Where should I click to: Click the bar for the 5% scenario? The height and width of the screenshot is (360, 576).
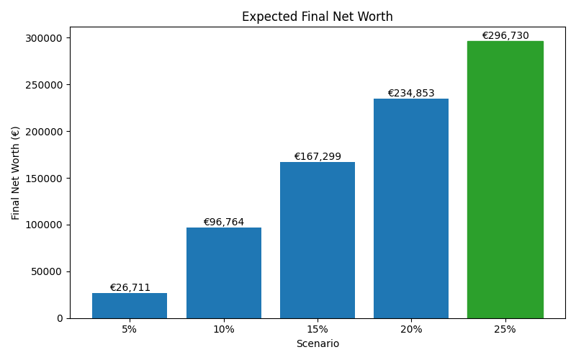click(x=130, y=305)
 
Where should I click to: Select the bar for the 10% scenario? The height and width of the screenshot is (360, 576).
click(x=223, y=273)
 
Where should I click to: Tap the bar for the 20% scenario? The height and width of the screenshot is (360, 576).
click(x=411, y=208)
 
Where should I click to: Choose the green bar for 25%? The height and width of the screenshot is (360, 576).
click(x=505, y=179)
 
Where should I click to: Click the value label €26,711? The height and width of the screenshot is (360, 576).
click(x=130, y=288)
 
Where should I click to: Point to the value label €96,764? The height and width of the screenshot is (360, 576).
click(x=223, y=222)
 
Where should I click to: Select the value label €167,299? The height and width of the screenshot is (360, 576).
click(x=318, y=157)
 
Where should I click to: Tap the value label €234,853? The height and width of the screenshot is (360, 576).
click(x=411, y=94)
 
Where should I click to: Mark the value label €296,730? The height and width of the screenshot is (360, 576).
click(x=505, y=36)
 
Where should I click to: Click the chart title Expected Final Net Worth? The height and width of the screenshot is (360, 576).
click(x=318, y=17)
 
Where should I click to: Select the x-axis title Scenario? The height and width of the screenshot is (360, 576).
click(x=318, y=344)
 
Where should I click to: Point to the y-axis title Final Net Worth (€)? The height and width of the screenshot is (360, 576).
click(x=16, y=173)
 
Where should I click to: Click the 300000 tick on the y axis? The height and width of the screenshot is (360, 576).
click(x=45, y=38)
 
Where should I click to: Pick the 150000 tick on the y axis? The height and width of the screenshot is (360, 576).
click(x=45, y=179)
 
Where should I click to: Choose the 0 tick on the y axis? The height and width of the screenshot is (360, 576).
click(x=60, y=318)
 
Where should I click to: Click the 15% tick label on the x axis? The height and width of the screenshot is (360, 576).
click(x=318, y=330)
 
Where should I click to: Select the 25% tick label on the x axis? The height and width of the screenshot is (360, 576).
click(x=505, y=330)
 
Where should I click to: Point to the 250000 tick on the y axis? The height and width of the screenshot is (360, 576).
click(x=45, y=85)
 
